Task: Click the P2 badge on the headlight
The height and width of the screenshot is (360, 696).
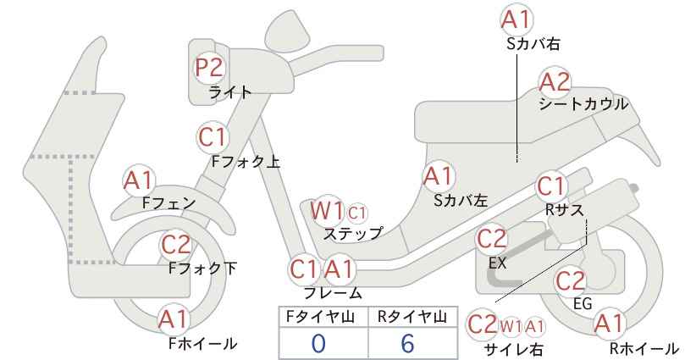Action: [x=209, y=68]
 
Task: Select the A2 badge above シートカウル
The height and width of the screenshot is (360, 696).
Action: [x=555, y=82]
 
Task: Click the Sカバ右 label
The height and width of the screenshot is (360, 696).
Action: [x=533, y=43]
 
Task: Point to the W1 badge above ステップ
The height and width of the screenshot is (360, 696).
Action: [x=327, y=210]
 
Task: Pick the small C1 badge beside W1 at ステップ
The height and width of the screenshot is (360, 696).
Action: [x=357, y=213]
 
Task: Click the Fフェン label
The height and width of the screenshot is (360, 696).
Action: [x=169, y=202]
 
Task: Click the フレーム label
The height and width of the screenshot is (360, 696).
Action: [x=333, y=292]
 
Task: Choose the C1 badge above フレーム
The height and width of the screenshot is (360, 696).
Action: [x=304, y=269]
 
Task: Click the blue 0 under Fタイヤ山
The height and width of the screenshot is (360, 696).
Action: [x=318, y=343]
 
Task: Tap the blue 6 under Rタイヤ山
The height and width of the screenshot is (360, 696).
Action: [x=406, y=343]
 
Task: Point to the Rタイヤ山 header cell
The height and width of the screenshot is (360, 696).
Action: [x=412, y=317]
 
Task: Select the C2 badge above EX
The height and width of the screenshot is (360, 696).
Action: [x=491, y=239]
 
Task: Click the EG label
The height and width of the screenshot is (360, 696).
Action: [x=583, y=303]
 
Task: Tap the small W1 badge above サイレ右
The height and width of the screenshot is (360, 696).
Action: [x=511, y=327]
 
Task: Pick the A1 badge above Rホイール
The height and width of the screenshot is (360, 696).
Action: [x=610, y=324]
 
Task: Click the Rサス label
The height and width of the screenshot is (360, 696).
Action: [x=564, y=209]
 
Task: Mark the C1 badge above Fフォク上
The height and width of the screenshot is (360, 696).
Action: [x=213, y=137]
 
